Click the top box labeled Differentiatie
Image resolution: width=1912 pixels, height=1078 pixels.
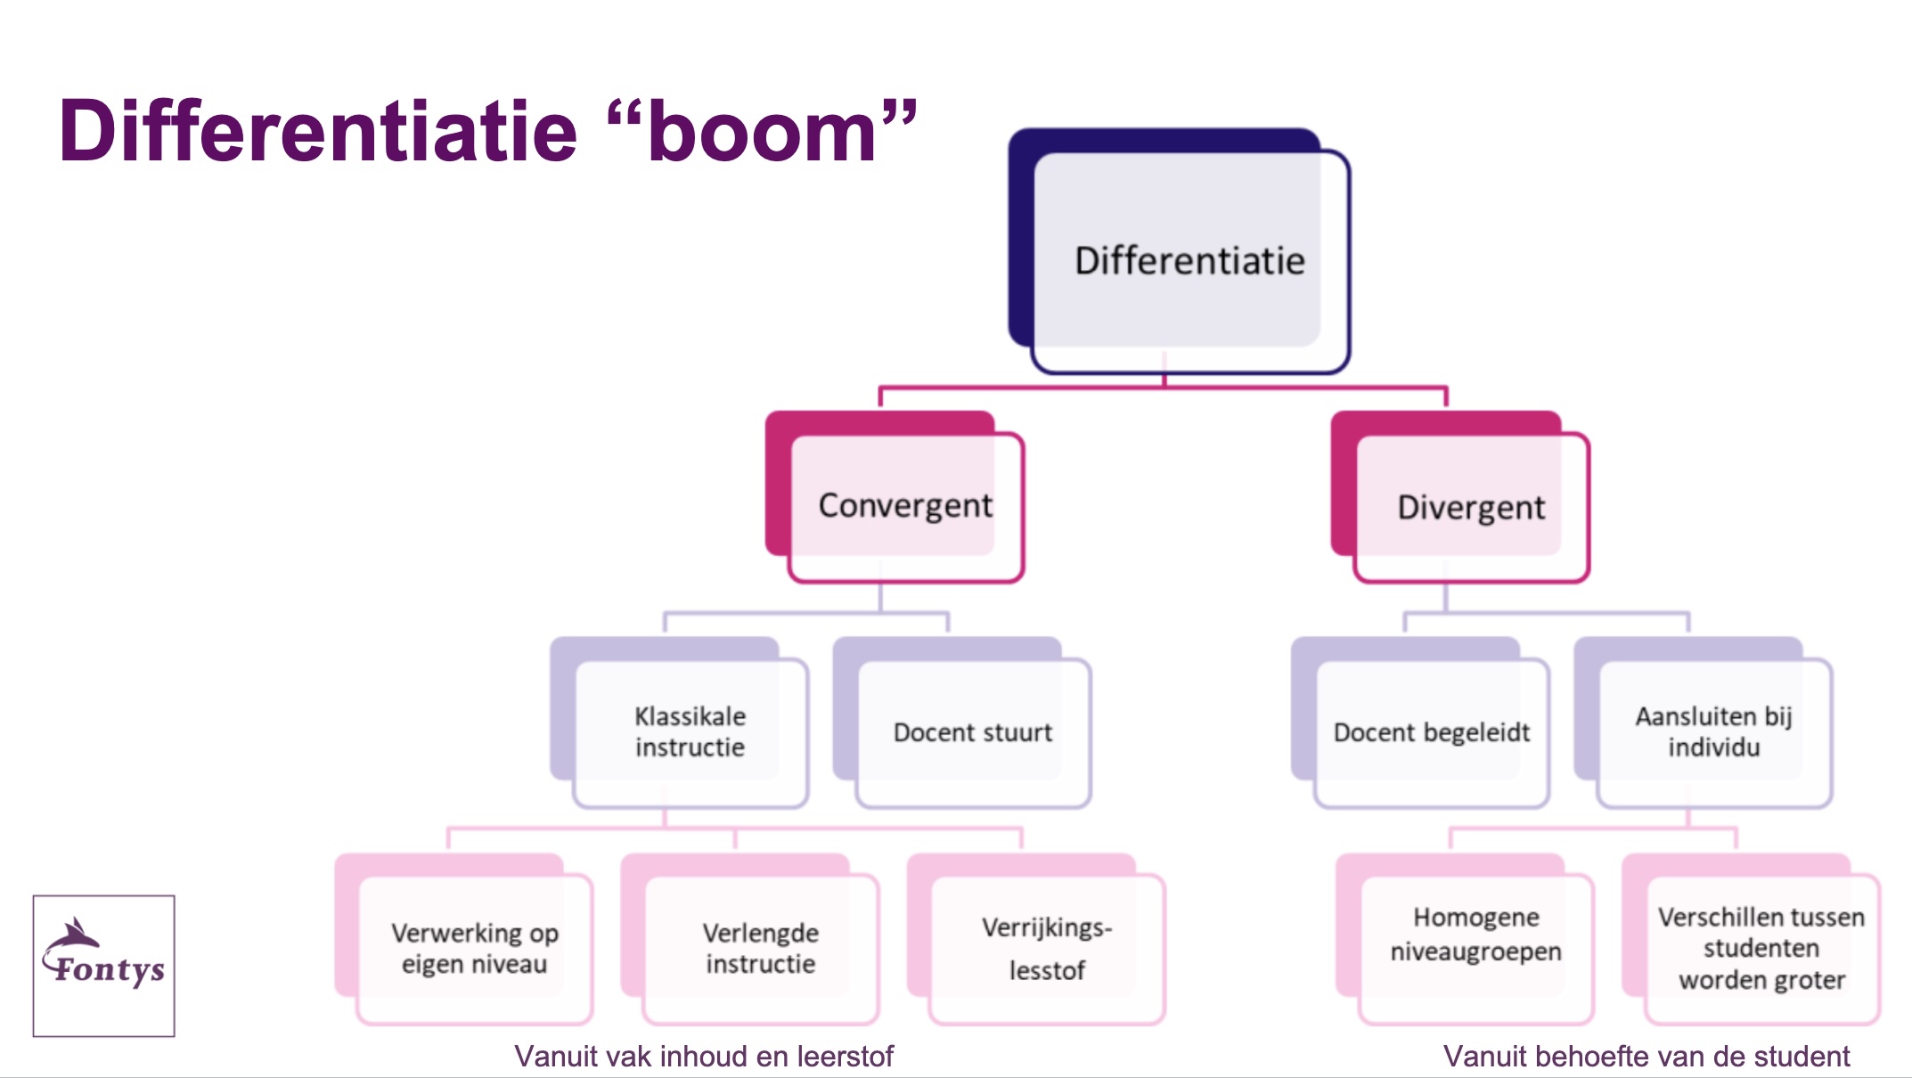1179,251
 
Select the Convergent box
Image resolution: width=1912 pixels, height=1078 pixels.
895,497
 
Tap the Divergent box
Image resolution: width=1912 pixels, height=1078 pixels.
1460,497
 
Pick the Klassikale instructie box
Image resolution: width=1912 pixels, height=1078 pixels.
680,723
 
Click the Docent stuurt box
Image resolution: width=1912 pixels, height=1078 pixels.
962,723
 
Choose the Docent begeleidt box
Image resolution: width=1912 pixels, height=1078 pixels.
1421,723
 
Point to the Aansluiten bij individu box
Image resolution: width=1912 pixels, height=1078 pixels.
1704,723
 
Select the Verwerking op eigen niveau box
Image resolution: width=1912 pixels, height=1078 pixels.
464,939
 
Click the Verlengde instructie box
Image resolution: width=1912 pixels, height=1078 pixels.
750,939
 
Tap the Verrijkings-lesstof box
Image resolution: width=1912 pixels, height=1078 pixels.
1036,939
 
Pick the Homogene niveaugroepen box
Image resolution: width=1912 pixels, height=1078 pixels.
1466,939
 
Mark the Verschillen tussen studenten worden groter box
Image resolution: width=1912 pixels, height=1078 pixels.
1752,939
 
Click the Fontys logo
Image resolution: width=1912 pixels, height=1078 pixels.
104,966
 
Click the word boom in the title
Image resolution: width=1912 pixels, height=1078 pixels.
763,132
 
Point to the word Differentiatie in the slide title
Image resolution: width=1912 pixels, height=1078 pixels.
319,130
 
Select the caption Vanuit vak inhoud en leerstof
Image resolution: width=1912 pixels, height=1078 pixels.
704,1057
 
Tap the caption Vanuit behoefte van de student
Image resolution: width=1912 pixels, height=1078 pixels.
1646,1057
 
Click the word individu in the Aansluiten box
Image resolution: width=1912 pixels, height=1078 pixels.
1714,747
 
